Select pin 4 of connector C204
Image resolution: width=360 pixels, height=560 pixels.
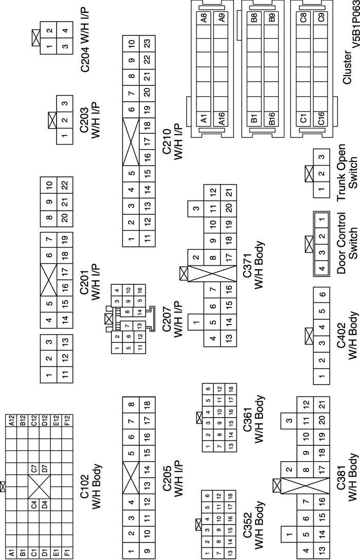(64, 30)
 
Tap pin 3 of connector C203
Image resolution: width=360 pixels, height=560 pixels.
(64, 104)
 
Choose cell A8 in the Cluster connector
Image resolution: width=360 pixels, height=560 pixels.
(204, 19)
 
